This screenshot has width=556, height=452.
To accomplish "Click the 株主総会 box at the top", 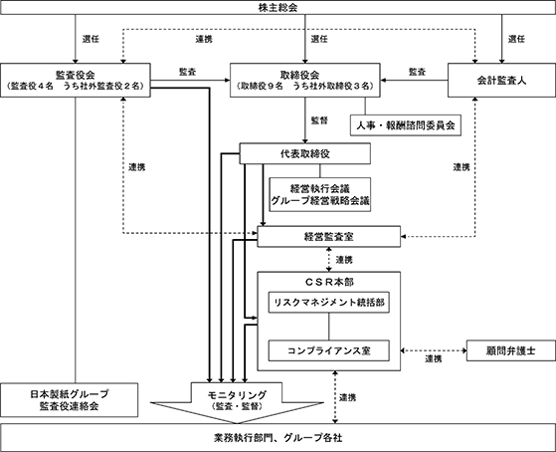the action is pos(278,7).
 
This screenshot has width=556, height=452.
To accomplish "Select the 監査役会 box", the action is pos(76,81).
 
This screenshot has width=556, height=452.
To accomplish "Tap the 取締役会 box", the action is pos(305,81).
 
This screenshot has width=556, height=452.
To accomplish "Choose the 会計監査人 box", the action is pos(501,81).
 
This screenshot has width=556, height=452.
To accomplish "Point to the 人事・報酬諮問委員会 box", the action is pos(406,125).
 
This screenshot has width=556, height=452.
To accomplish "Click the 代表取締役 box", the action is pos(305,153).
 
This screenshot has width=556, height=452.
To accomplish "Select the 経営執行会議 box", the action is pos(320,194).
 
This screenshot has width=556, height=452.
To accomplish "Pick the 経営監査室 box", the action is pos(328,237).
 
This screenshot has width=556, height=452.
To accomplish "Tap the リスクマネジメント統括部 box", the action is pos(328,303).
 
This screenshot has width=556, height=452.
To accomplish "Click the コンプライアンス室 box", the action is pos(328,350).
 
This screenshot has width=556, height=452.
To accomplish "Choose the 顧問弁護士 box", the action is pos(511,350).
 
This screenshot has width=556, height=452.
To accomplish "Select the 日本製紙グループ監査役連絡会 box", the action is pos(70,400).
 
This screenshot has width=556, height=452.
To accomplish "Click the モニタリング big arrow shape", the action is pos(237,402).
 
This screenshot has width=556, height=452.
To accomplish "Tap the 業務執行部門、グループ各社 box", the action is pos(278,437).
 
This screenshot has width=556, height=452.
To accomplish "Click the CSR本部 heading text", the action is pos(329,283).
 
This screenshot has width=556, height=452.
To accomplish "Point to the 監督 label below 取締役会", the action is pos(319,120).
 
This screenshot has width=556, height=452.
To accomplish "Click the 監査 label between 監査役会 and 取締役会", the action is pos(188,72).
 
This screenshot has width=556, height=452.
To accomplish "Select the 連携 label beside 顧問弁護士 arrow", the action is pos(434,359).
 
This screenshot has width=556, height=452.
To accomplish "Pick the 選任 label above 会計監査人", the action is pos(516,39).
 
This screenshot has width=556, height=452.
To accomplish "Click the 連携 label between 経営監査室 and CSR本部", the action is pos(344,260).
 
